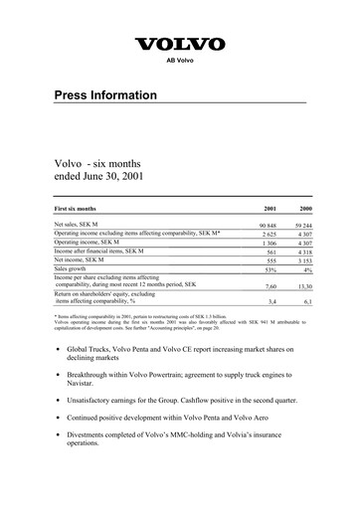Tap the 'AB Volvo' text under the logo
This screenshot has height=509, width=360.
tap(179, 60)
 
